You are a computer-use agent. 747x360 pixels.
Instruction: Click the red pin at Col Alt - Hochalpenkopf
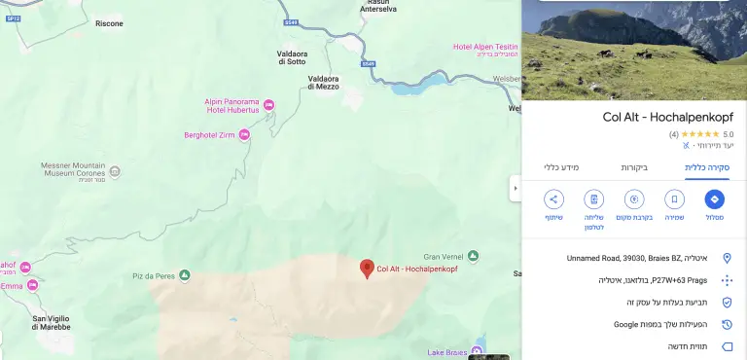[x=367, y=268]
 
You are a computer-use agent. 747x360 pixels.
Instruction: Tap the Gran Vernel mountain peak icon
[x=473, y=256]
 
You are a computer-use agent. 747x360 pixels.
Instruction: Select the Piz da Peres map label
[x=153, y=276]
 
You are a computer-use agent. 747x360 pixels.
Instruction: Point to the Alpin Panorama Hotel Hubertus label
[x=231, y=106]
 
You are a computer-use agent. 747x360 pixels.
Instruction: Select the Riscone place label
[x=109, y=23]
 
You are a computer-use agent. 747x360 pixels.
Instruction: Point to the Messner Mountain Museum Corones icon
[x=115, y=172]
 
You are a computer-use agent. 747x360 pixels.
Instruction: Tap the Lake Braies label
[x=446, y=351]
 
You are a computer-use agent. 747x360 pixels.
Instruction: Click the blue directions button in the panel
[x=714, y=199]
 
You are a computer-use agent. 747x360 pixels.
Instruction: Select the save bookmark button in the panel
[x=674, y=199]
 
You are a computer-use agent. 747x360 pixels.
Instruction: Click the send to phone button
[x=594, y=199]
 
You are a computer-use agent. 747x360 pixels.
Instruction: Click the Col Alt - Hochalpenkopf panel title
[x=668, y=117]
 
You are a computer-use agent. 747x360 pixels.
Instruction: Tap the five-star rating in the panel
[x=699, y=133]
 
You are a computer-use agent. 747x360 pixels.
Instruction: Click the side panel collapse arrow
[x=515, y=187]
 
